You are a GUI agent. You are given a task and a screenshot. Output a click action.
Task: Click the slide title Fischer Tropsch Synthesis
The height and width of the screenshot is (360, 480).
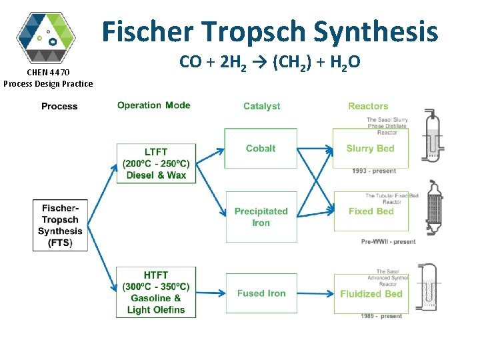pos(269,31)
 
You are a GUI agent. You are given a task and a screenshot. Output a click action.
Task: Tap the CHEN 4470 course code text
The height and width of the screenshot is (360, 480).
pos(48,72)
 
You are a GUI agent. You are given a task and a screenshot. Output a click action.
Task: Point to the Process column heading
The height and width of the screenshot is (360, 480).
pos(59,106)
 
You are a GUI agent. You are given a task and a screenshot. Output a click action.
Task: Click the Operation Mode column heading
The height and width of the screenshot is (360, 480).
pos(153,105)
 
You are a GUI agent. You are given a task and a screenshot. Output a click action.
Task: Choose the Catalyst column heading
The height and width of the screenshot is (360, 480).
pos(261,106)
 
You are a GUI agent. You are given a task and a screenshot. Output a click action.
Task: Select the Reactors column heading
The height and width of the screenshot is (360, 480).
pos(367,106)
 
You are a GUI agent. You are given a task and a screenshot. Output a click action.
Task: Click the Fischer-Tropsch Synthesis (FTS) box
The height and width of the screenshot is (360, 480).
pos(60,225)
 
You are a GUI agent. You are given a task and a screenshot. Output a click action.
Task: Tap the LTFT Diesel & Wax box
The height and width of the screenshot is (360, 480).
pos(156,163)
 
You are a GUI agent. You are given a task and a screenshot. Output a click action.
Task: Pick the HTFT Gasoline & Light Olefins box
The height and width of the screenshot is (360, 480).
pos(156,292)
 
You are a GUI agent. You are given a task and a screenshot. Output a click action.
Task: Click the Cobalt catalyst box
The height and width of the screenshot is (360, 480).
pos(261,149)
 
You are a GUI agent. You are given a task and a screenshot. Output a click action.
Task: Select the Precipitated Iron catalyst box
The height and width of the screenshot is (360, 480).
pos(261,217)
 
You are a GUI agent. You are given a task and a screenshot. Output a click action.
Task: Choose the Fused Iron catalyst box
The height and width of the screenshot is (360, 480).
pos(261,293)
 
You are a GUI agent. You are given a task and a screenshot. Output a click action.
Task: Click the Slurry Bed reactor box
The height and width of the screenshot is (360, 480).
pos(370,149)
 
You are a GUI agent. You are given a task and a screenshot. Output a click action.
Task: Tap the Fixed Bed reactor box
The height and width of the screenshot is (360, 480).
pos(370,211)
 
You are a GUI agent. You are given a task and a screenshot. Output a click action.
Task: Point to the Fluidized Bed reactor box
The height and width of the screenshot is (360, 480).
pos(371,294)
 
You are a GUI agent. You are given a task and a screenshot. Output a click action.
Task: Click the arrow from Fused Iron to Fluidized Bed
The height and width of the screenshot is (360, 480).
pos(315,293)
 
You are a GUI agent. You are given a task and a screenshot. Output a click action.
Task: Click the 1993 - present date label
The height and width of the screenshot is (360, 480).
pos(374,171)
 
